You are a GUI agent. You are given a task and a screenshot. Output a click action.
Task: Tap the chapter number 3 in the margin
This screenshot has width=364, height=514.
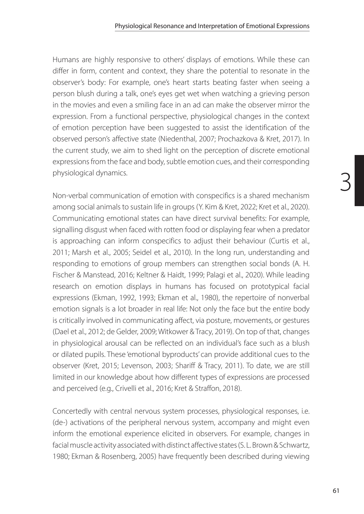pyautogui.click(x=346, y=182)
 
